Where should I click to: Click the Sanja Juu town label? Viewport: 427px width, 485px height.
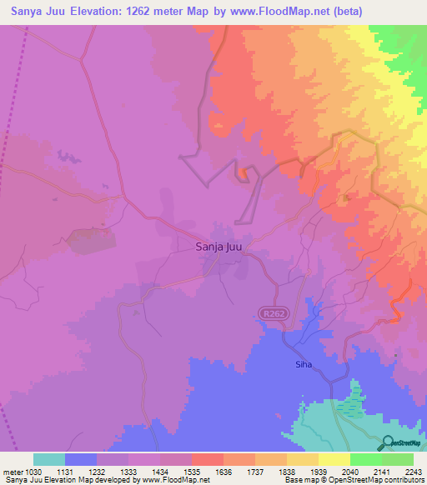[x=219, y=247]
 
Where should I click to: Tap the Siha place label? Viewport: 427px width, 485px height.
[x=303, y=364]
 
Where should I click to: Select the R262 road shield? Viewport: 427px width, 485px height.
[x=267, y=312]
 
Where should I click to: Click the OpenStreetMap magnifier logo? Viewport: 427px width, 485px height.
[x=388, y=442]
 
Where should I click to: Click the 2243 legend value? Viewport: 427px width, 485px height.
[x=414, y=472]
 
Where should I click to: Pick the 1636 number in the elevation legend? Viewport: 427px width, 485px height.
[x=224, y=472]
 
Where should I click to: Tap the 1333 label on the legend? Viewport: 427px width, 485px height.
[x=129, y=472]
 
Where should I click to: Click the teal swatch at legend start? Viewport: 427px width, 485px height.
[x=49, y=459]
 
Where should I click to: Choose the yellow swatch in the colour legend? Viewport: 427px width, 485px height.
[x=334, y=459]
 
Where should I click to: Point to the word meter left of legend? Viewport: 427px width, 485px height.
[x=12, y=472]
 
